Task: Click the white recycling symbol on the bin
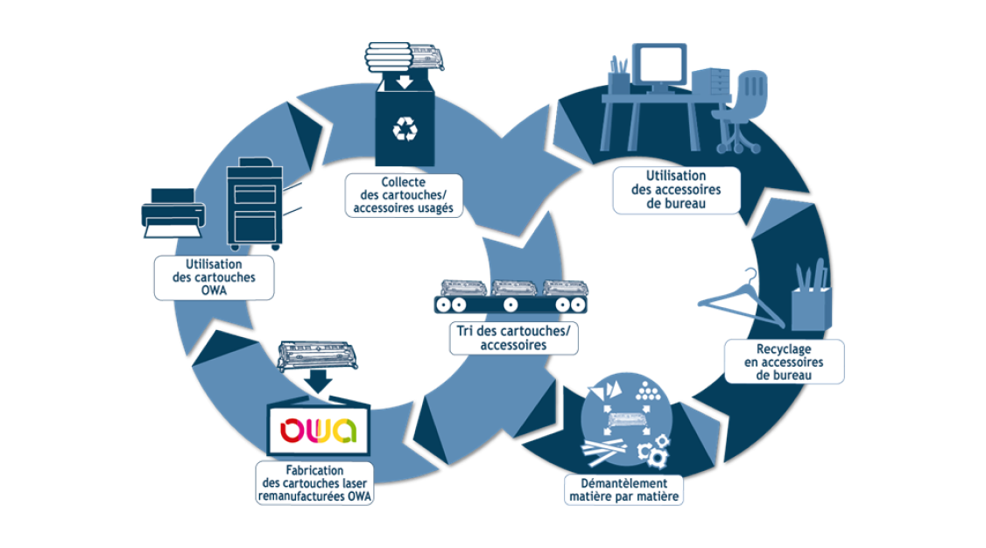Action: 405,130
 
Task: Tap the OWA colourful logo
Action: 319,431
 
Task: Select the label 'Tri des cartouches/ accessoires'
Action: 514,338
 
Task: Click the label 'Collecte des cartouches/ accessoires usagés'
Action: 404,194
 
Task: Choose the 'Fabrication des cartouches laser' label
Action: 314,483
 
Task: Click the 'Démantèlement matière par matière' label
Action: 623,489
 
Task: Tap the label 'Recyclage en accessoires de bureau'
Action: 784,362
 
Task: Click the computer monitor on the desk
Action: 659,66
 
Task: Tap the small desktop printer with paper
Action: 173,211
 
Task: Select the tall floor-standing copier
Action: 255,205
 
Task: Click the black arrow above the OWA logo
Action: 319,379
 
